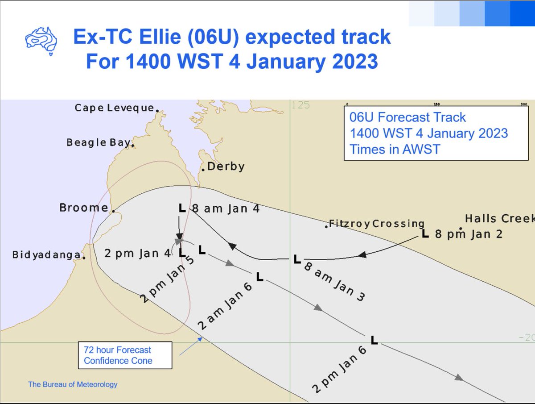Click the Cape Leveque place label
(x=114, y=108)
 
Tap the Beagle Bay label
(x=98, y=142)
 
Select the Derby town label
(x=226, y=167)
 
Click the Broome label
(x=83, y=208)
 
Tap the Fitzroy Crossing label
(x=376, y=223)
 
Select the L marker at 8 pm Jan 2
(x=425, y=233)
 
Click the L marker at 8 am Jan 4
(x=181, y=208)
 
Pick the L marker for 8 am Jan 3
(x=297, y=259)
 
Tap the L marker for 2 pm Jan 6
(x=374, y=340)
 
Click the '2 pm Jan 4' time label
(x=137, y=253)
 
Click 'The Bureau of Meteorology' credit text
(x=73, y=384)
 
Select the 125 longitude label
(x=301, y=106)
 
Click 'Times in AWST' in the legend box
(x=395, y=149)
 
